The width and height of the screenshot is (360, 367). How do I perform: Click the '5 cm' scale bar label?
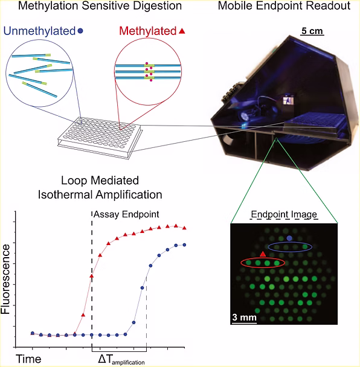(x=312, y=31)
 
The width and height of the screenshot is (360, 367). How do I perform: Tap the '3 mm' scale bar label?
(x=244, y=318)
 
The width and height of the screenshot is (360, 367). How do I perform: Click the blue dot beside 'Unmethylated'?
(x=80, y=31)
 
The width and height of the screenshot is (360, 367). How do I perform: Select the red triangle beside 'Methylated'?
(x=182, y=31)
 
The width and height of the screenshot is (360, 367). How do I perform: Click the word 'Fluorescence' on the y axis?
(x=5, y=279)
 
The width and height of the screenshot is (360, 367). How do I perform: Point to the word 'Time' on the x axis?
(x=28, y=359)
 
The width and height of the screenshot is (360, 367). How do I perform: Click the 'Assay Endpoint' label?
(x=126, y=214)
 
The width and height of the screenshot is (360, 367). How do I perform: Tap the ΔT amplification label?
(x=121, y=360)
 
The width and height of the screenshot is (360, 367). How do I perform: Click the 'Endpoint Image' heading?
(x=284, y=214)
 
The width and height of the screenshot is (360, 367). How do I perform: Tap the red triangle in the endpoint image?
(x=263, y=254)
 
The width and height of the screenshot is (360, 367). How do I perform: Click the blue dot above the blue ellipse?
(x=289, y=238)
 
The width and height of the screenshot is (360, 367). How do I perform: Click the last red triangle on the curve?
(x=184, y=228)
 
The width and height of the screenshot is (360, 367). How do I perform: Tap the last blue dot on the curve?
(x=184, y=245)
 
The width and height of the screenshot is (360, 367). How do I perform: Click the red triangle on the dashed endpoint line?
(x=92, y=276)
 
